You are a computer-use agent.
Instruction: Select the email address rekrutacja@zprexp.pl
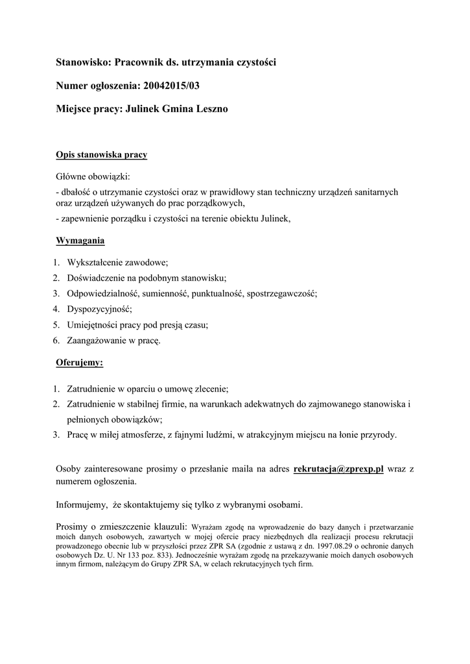pyautogui.click(x=338, y=468)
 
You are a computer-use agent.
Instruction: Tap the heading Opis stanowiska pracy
pyautogui.click(x=102, y=155)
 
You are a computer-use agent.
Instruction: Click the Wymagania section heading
pyautogui.click(x=80, y=241)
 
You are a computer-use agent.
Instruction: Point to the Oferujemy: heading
pyautogui.click(x=80, y=363)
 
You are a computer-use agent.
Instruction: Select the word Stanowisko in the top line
pyautogui.click(x=84, y=62)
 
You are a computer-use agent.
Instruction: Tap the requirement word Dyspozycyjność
pyautogui.click(x=99, y=309)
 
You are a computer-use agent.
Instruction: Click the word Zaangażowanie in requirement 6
pyautogui.click(x=99, y=340)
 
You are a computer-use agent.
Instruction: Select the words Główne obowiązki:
pyautogui.click(x=93, y=176)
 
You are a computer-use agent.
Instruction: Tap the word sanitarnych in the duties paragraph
pyautogui.click(x=376, y=192)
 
